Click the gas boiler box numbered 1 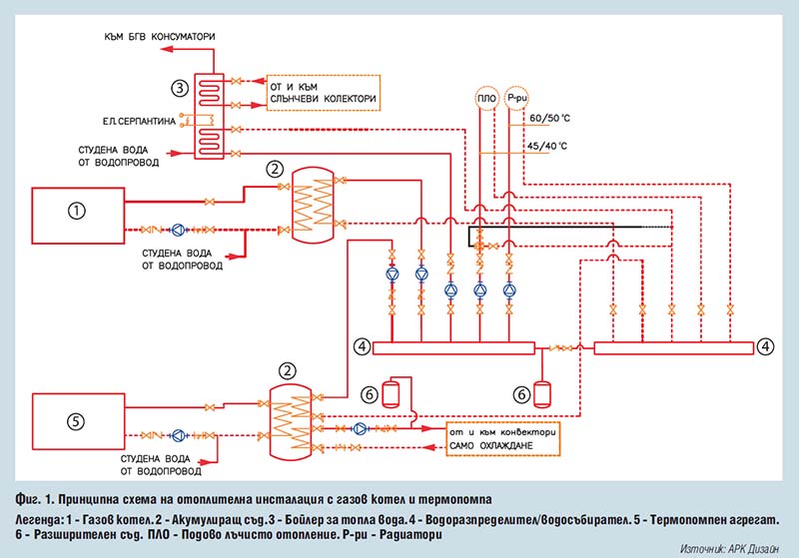pyautogui.click(x=78, y=216)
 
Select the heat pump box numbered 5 pyautogui.click(x=79, y=421)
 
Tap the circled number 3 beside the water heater pyautogui.click(x=180, y=88)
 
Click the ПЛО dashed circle pyautogui.click(x=486, y=98)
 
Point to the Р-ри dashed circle pyautogui.click(x=516, y=98)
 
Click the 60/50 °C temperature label pyautogui.click(x=550, y=118)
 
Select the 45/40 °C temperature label pyautogui.click(x=546, y=146)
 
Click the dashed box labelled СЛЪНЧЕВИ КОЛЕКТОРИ pyautogui.click(x=323, y=93)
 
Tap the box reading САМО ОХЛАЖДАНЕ pyautogui.click(x=503, y=438)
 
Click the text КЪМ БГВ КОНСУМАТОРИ pyautogui.click(x=160, y=37)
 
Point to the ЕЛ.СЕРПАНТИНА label pyautogui.click(x=139, y=121)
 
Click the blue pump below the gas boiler pyautogui.click(x=178, y=230)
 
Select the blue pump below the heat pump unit pyautogui.click(x=179, y=435)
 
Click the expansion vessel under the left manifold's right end pyautogui.click(x=541, y=394)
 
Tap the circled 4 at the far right pyautogui.click(x=765, y=346)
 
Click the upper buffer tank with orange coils pyautogui.click(x=313, y=205)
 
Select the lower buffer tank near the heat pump pyautogui.click(x=290, y=422)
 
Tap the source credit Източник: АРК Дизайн pyautogui.click(x=729, y=549)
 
